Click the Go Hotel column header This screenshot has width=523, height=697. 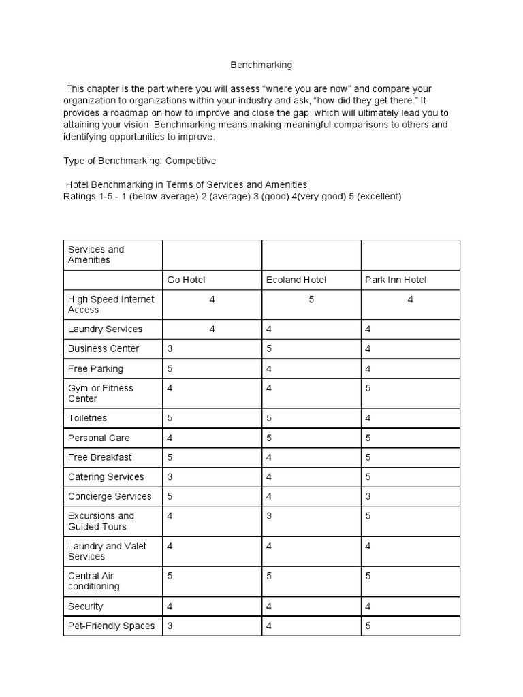point(186,280)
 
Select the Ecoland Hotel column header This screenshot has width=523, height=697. point(296,280)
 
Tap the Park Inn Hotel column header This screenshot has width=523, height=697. point(396,280)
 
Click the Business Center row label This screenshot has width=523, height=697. point(104,348)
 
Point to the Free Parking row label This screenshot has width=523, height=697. point(95,368)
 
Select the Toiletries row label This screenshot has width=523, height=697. point(87,418)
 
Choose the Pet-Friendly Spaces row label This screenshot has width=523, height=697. point(111,626)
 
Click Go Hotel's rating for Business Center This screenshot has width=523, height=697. point(170,348)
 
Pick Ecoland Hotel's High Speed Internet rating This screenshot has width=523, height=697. point(311,299)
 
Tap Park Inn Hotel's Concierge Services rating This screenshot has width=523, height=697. point(368,496)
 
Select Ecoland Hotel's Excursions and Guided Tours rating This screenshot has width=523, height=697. point(269,516)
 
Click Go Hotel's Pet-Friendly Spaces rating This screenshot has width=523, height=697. point(170,626)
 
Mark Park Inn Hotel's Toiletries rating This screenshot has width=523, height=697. point(368,418)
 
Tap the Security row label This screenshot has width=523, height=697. point(86,606)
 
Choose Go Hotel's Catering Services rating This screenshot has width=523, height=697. point(170,476)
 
